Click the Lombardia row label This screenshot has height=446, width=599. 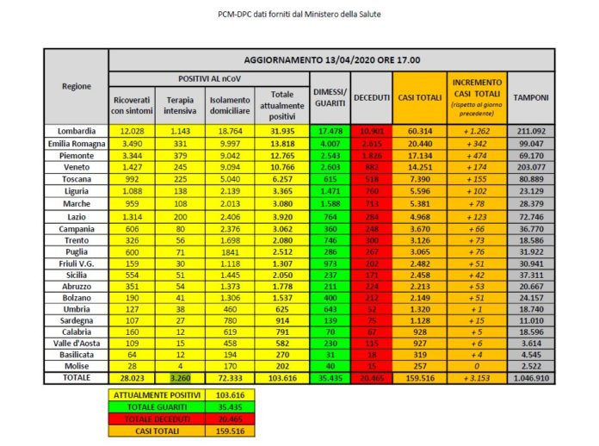tap(77, 130)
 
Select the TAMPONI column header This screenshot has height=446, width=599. tap(531, 97)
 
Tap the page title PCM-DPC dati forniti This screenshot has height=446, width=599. tap(299, 14)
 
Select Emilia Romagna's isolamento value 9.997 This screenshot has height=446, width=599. tap(230, 141)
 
